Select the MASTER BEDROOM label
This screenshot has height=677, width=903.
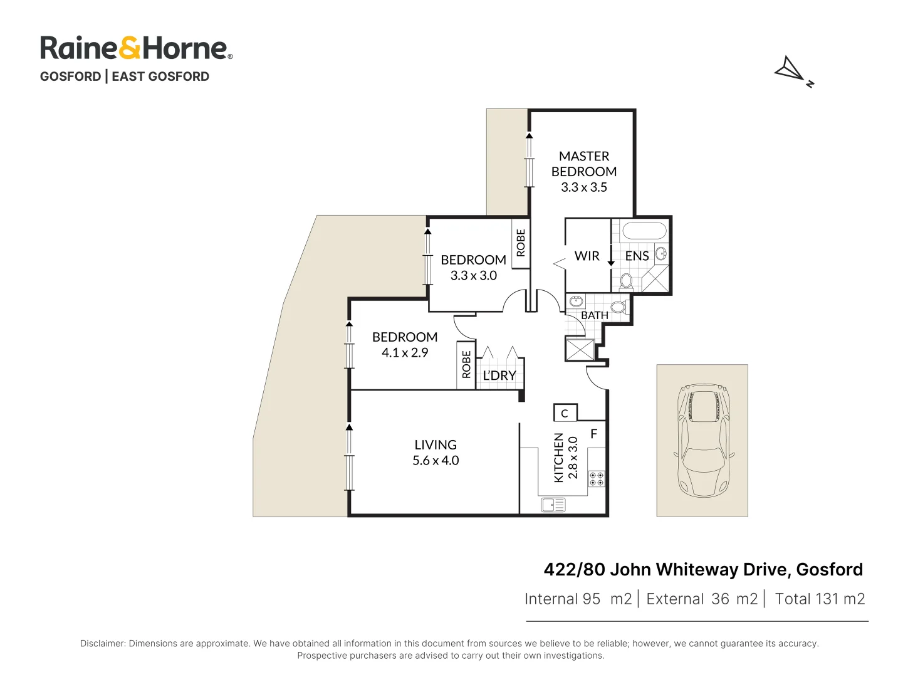click(x=583, y=164)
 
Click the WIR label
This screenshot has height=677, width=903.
click(x=587, y=256)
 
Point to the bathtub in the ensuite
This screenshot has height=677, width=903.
click(x=644, y=231)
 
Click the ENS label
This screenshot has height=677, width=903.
click(x=637, y=256)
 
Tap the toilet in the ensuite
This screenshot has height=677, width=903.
click(x=626, y=281)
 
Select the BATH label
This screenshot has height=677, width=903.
click(x=594, y=315)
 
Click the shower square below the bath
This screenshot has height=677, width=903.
click(x=580, y=349)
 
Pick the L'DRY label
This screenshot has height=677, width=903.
click(x=499, y=375)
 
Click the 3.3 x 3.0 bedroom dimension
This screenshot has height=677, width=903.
click(x=473, y=276)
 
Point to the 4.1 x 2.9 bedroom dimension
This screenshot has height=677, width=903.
click(x=405, y=353)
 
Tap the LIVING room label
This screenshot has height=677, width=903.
click(x=435, y=444)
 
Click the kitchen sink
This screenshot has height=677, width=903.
click(x=553, y=504)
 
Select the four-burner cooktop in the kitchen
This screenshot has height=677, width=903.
click(x=597, y=479)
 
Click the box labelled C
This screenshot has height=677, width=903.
click(x=565, y=413)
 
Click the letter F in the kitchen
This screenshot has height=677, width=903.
click(x=593, y=434)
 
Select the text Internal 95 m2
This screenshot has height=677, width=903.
click(x=578, y=599)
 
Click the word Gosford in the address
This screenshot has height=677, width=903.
click(x=829, y=569)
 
